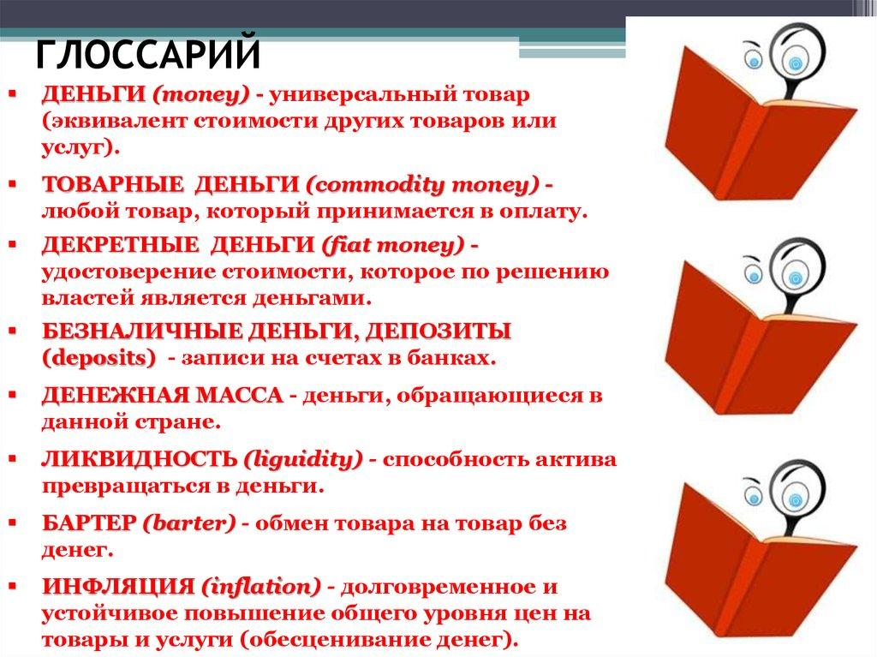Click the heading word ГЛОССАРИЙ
point(148,54)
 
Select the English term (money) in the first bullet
point(201,95)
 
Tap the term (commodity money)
point(423,185)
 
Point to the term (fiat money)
point(393,245)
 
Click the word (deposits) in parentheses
point(99,358)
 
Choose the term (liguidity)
point(303,460)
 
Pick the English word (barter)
point(189,523)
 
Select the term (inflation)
point(261,587)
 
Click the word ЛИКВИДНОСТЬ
point(140,459)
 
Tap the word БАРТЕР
point(89,523)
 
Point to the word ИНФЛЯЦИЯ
point(118,587)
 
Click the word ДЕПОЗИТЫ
point(438,331)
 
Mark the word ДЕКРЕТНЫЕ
point(120,245)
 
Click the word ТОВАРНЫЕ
point(112,185)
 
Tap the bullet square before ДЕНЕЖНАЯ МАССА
point(13,395)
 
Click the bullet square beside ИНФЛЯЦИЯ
point(13,587)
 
